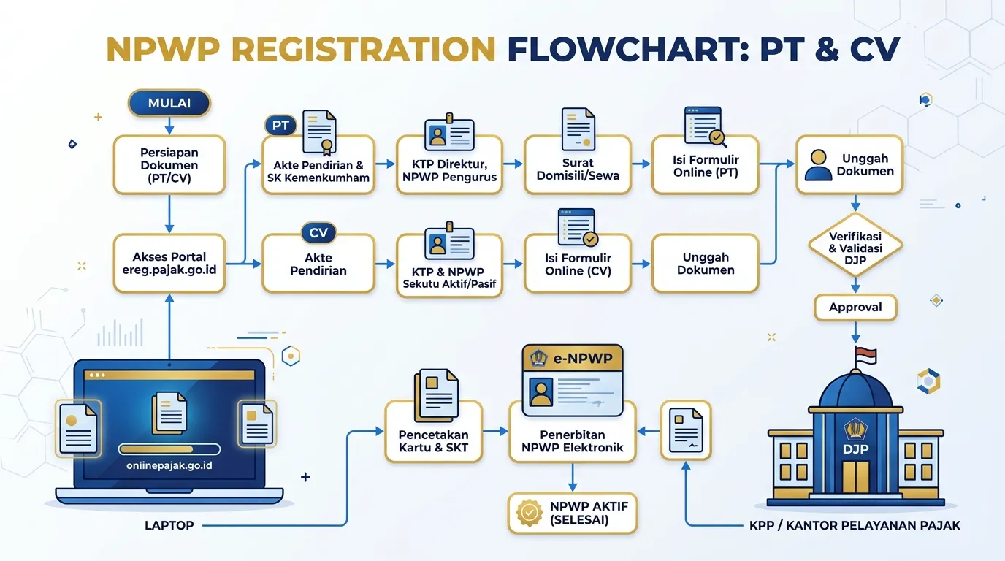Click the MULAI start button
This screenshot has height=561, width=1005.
[x=169, y=103]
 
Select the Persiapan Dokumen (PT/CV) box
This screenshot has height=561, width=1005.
[x=169, y=164]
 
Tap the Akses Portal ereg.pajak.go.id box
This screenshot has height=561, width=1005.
[x=169, y=263]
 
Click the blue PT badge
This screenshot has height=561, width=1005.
[x=280, y=125]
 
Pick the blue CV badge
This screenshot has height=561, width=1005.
[x=318, y=233]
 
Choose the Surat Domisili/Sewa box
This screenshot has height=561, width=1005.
[x=578, y=164]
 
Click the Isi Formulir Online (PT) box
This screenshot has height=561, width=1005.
[x=706, y=164]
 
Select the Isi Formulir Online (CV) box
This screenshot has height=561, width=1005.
[x=578, y=263]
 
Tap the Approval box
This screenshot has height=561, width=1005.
[x=855, y=308]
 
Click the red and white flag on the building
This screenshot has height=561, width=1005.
[x=866, y=356]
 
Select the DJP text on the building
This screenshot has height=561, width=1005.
[x=855, y=449]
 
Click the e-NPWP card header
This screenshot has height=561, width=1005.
[x=573, y=358]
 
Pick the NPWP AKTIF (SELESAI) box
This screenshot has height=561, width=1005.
[x=573, y=513]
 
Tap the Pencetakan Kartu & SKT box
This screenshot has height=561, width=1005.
[x=433, y=432]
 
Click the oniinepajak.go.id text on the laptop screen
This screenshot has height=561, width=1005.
[x=169, y=465]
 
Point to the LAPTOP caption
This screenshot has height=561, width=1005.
[x=169, y=525]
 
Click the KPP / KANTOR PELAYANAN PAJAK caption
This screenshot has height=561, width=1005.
[x=855, y=525]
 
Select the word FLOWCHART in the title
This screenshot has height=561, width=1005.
[x=628, y=49]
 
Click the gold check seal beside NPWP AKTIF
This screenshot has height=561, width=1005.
[x=530, y=513]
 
